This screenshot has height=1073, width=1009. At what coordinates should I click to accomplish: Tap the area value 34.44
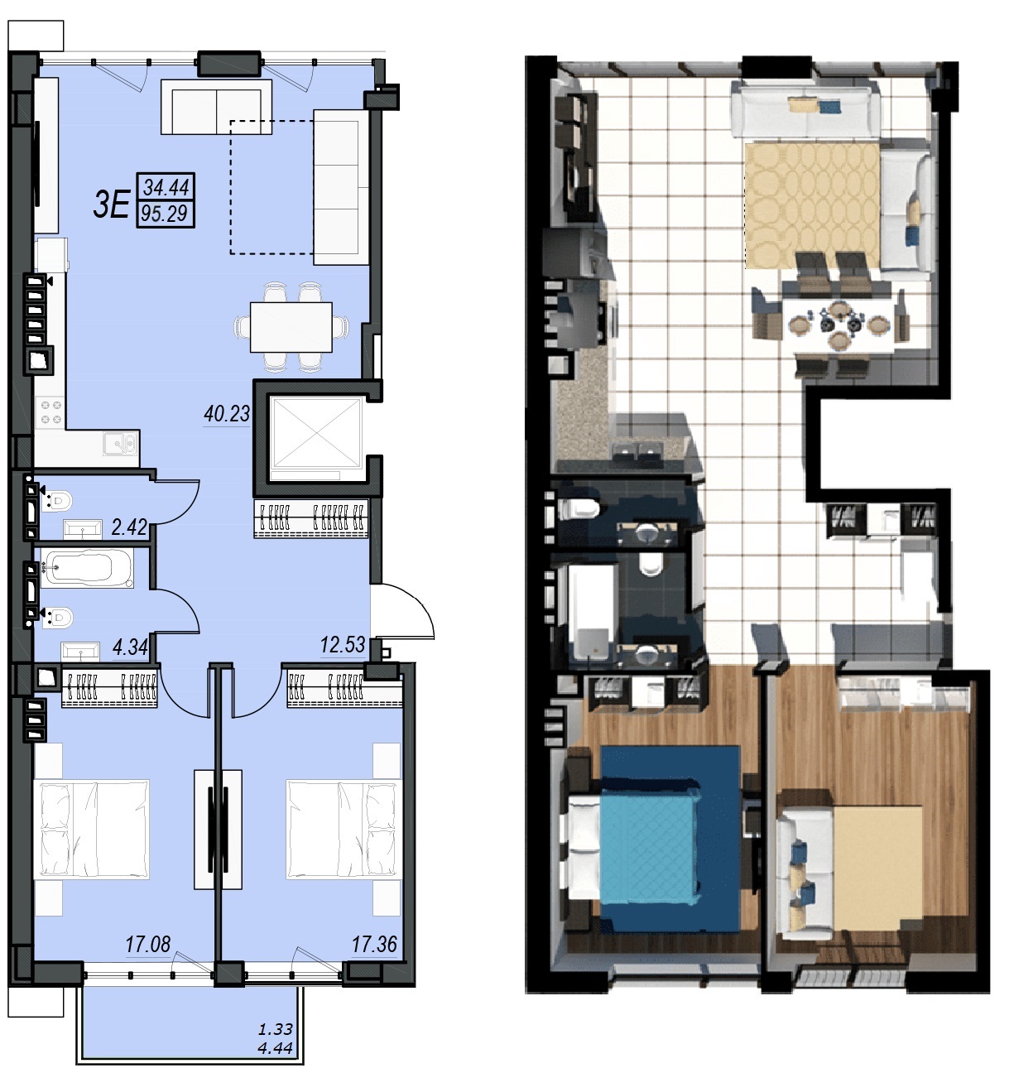click(166, 187)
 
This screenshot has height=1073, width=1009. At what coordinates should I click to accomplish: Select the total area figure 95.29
click(165, 214)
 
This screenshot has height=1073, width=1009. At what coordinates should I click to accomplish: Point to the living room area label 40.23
click(227, 414)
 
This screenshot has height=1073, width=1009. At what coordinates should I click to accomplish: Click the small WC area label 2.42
click(129, 527)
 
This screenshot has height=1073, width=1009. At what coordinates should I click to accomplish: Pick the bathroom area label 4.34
click(130, 647)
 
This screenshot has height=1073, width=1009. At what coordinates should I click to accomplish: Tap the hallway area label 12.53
click(343, 645)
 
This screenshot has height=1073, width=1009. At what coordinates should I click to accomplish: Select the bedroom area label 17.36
click(374, 944)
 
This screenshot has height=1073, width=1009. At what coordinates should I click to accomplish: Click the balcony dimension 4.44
click(276, 1048)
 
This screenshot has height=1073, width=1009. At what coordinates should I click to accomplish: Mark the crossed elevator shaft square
click(316, 432)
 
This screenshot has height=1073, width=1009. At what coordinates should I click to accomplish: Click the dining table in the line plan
click(291, 327)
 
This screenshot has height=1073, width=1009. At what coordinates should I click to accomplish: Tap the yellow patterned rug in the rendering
click(813, 205)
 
